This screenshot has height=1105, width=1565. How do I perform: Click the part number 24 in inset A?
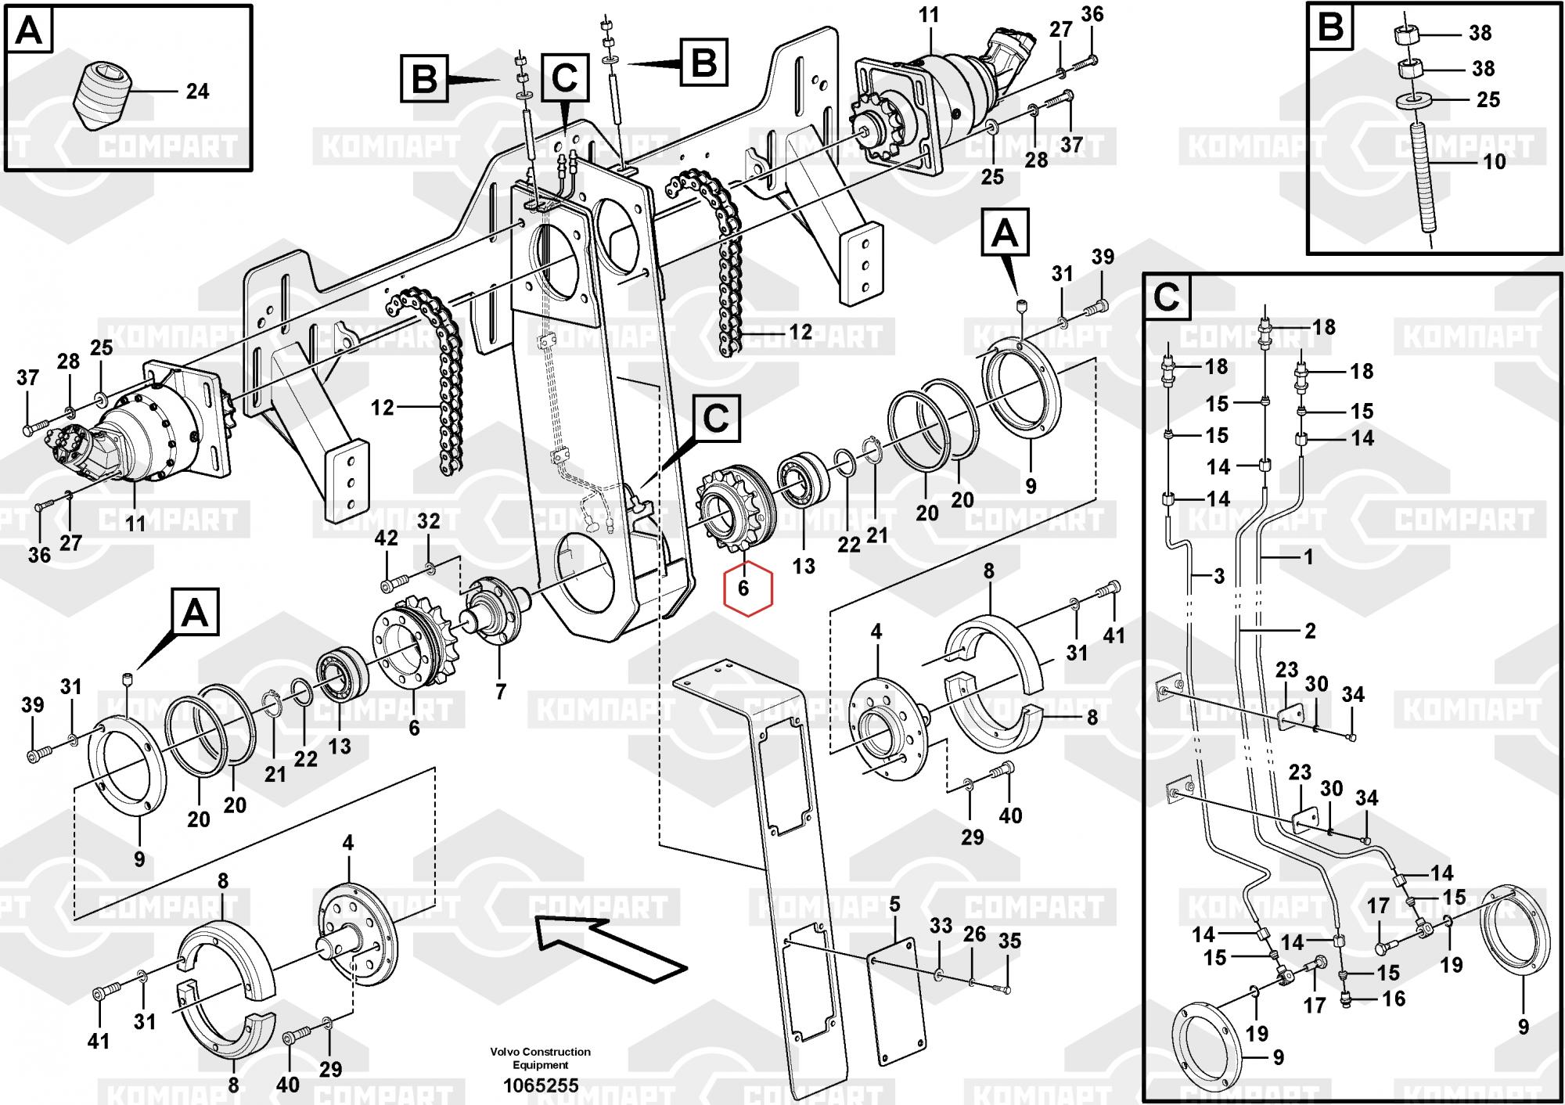click(197, 92)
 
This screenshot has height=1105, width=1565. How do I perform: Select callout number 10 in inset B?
click(1494, 162)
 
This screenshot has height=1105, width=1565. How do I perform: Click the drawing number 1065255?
click(540, 1085)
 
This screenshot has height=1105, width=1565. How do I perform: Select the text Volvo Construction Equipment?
click(540, 1058)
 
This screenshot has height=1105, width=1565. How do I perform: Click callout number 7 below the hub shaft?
click(500, 692)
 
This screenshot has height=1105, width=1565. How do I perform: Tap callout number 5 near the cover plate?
click(894, 905)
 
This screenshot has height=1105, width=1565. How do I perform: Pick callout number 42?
click(387, 538)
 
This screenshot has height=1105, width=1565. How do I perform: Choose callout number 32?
click(428, 521)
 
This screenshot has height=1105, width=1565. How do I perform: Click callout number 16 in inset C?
click(1394, 999)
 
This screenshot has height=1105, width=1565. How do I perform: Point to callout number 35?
click(1009, 941)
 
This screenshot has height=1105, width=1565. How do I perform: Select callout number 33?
click(941, 926)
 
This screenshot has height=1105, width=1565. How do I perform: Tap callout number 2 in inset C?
click(1310, 631)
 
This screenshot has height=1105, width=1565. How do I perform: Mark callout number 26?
click(974, 934)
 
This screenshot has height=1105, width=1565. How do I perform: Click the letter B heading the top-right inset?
click(1330, 28)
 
